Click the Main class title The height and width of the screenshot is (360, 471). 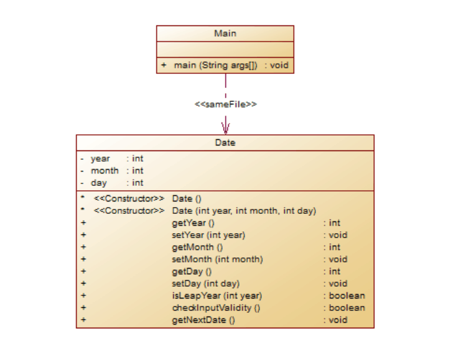tap(225, 34)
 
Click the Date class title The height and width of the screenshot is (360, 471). tap(225, 142)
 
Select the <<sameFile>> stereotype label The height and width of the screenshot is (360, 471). tap(225, 104)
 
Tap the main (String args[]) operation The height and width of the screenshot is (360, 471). tap(215, 65)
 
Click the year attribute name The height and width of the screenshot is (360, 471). tap(100, 159)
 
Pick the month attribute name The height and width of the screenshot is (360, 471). tap(105, 170)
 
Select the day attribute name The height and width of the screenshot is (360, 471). tap(98, 183)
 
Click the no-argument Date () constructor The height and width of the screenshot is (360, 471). tap(187, 198)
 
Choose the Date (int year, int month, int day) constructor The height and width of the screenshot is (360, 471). tap(244, 211)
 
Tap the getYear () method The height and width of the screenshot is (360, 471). tap(193, 223)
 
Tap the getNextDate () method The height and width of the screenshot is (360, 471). tap(203, 320)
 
